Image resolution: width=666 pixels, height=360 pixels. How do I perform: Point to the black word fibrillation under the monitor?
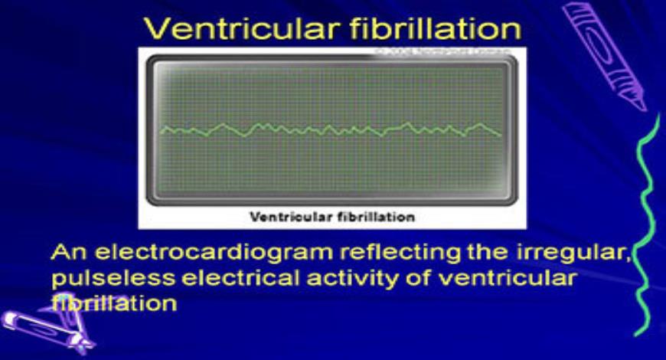click(376, 217)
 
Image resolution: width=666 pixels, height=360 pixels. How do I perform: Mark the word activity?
click(352, 278)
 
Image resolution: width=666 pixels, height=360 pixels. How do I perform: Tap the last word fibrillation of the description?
click(114, 303)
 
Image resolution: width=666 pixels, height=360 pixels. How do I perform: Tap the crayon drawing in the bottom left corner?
click(46, 326)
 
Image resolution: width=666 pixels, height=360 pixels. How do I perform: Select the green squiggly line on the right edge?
click(647, 222)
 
